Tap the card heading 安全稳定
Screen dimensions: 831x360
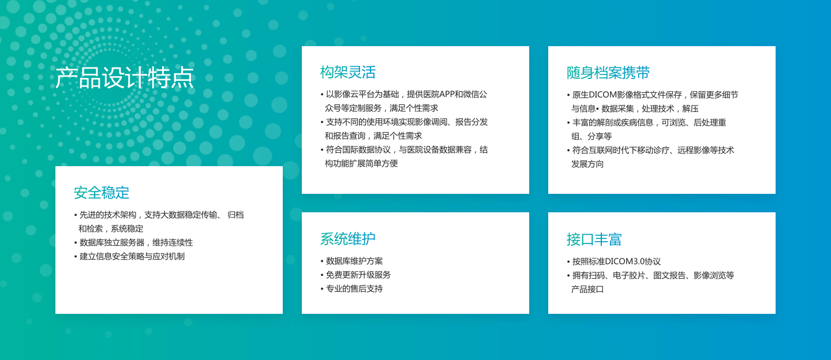click(x=102, y=193)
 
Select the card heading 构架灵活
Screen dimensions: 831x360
click(x=347, y=72)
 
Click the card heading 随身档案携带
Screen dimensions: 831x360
click(x=608, y=73)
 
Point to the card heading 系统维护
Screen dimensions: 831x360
click(x=347, y=239)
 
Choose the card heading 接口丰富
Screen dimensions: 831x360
click(x=594, y=239)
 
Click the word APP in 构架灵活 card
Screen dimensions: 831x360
click(x=447, y=94)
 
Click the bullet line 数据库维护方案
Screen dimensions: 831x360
click(x=354, y=261)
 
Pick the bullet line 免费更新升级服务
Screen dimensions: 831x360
click(x=358, y=275)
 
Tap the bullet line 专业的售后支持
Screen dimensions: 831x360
click(x=354, y=288)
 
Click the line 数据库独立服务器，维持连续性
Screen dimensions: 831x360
click(x=136, y=242)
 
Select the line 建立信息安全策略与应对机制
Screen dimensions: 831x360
click(x=132, y=256)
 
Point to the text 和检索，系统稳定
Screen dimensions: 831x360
click(x=111, y=228)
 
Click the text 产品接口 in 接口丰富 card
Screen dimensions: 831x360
click(x=587, y=289)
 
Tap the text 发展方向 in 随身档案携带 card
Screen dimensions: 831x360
click(x=587, y=164)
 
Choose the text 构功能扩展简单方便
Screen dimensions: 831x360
click(x=361, y=163)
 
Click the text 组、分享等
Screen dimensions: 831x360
click(x=592, y=136)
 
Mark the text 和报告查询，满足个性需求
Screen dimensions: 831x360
click(x=373, y=136)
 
